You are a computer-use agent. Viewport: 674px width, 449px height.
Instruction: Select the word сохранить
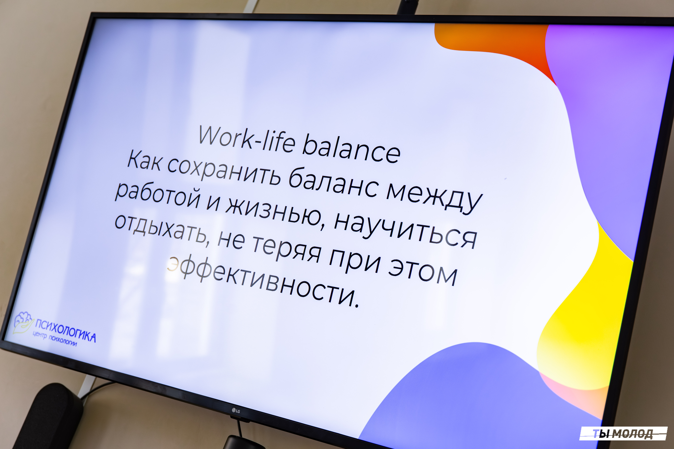pos(224,171)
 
